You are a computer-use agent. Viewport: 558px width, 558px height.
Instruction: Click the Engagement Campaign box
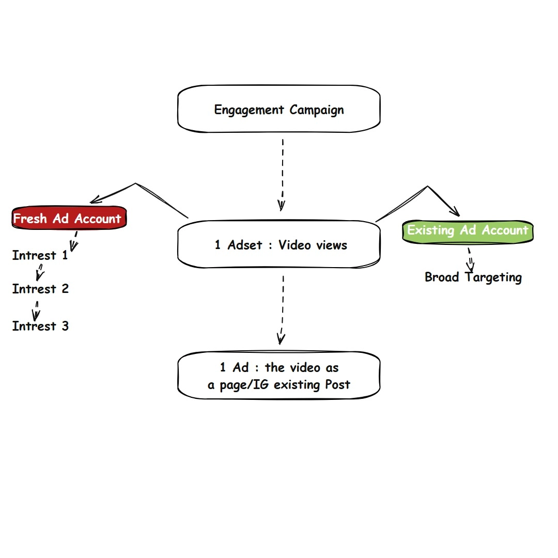279,110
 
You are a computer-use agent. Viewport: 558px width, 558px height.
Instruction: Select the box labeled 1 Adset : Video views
279,244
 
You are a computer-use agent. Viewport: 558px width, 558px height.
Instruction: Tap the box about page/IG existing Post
279,376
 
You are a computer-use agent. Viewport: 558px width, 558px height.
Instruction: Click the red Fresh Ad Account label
68,219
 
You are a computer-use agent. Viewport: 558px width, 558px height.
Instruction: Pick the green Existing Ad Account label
468,230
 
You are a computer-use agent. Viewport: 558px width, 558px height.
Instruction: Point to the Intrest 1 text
40,255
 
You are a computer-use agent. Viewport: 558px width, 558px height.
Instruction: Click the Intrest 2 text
40,289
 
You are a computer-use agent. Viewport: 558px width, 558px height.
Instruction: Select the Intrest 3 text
40,326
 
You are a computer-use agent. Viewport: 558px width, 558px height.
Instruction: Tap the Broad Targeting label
473,277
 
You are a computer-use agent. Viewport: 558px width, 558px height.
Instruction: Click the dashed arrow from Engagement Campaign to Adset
282,173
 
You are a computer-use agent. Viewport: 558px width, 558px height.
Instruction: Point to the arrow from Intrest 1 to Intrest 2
39,272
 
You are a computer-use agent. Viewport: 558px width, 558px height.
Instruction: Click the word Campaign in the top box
316,110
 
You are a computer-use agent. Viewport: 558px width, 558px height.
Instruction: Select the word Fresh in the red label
30,219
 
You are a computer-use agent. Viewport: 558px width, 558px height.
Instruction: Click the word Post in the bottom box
337,384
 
